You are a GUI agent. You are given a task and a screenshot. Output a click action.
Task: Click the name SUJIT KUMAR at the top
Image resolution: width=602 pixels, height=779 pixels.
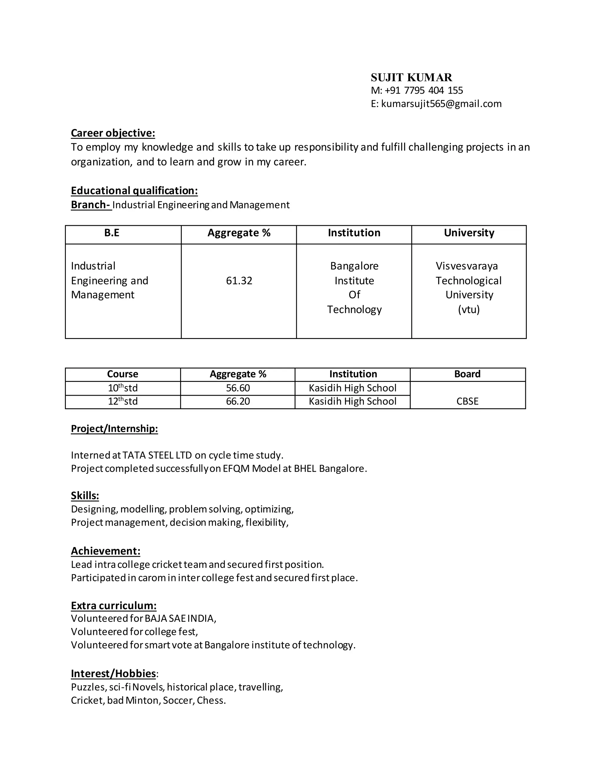tap(411, 77)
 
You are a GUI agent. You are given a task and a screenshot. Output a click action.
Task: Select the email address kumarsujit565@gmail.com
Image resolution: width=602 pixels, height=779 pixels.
tap(441, 104)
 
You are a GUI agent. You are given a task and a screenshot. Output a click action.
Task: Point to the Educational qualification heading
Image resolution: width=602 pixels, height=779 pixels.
tap(134, 191)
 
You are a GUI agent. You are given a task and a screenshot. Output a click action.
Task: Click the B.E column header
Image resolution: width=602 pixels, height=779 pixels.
tap(112, 233)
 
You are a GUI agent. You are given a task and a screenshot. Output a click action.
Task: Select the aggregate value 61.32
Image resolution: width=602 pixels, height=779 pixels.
tap(239, 281)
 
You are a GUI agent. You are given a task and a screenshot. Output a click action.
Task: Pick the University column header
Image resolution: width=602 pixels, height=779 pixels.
tap(469, 233)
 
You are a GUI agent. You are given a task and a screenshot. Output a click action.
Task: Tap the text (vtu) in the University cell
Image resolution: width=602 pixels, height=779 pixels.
tap(469, 309)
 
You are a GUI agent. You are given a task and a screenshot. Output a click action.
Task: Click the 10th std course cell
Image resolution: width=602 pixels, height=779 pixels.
tap(123, 388)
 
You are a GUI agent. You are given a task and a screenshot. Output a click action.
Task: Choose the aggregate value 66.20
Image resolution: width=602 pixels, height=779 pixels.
tap(238, 402)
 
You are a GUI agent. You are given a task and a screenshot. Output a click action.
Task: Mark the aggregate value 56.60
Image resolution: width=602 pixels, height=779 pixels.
tap(238, 388)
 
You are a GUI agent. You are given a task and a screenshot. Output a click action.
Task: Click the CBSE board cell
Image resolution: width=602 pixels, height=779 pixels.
tap(467, 402)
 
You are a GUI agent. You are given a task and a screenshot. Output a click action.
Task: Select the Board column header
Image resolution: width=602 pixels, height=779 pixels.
tap(467, 374)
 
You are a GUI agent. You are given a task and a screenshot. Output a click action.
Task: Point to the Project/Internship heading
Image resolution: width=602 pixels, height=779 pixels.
tap(114, 429)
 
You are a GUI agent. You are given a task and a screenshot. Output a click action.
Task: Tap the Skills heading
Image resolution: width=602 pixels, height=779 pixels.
tap(85, 496)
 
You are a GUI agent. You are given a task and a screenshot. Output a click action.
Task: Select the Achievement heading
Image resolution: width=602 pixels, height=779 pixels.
tap(106, 551)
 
